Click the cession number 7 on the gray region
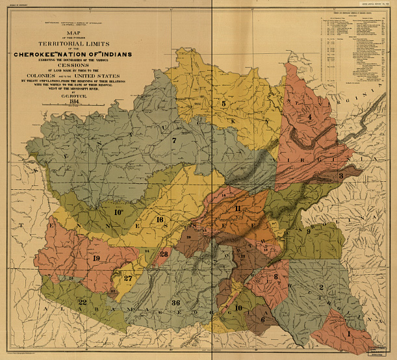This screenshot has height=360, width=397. (174, 140)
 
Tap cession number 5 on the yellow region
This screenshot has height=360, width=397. (224, 103)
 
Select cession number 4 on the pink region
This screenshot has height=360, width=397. (310, 117)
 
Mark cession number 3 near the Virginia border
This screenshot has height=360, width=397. (340, 176)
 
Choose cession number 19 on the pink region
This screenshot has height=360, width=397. (96, 259)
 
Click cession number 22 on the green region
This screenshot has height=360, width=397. (82, 302)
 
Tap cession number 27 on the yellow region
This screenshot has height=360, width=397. (129, 278)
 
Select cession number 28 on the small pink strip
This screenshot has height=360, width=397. (164, 253)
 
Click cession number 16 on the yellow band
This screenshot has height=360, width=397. (160, 220)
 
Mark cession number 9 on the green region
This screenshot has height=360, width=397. (308, 232)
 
